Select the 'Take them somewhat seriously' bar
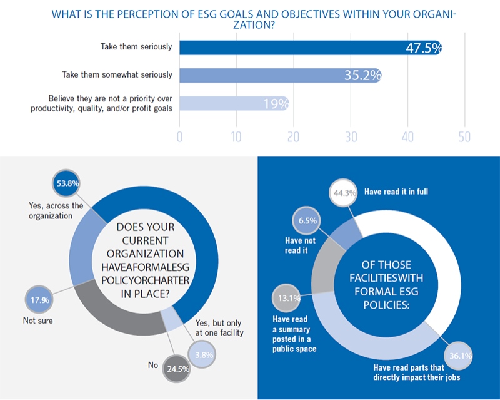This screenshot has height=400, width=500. click(280, 75)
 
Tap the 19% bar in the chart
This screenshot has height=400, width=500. click(234, 103)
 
